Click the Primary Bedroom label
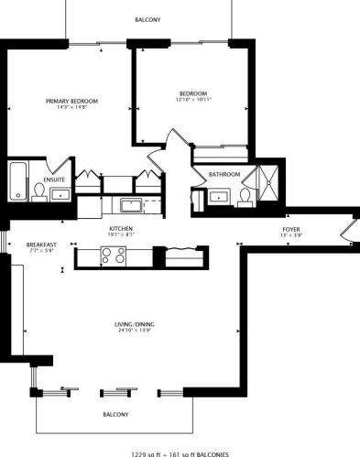72,101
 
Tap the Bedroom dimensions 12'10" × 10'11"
192,100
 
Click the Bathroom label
224,174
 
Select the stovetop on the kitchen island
114,257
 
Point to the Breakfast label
42,245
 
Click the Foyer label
290,229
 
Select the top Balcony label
148,19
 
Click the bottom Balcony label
115,415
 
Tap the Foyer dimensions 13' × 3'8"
290,236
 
